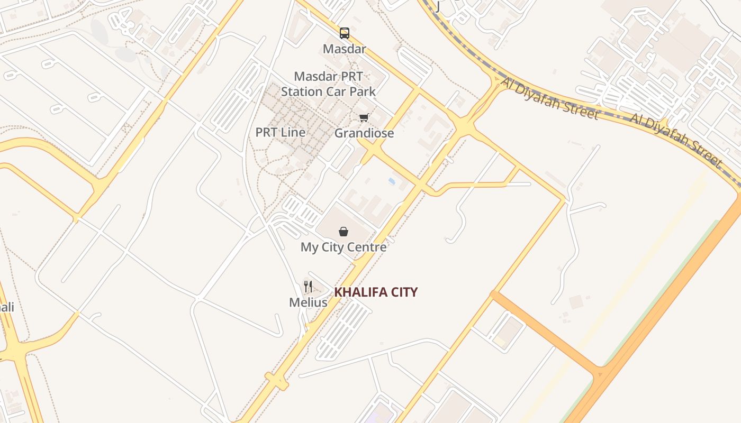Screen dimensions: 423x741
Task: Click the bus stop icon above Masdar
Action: coord(345,33)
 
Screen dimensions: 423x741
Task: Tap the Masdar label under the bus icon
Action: coord(345,49)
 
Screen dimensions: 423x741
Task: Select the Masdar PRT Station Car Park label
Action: coord(328,84)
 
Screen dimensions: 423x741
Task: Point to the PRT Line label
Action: coord(281,132)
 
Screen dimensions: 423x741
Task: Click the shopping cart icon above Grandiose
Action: coord(364,118)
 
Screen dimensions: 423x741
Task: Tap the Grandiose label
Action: coord(364,133)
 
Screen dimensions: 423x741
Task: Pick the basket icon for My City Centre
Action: coord(344,232)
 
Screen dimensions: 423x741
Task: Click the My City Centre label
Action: coord(344,247)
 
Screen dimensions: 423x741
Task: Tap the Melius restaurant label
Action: coord(308,302)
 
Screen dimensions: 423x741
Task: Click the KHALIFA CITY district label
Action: coord(376,292)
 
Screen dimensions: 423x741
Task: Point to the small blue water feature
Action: coord(392,181)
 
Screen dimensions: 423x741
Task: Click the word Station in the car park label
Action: coord(301,91)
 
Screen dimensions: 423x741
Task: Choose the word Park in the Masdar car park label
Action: coord(362,91)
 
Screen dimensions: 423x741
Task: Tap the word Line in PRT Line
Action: coord(293,132)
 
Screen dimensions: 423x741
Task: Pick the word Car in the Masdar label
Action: coord(335,91)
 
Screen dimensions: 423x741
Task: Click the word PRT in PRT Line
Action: coord(267,132)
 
